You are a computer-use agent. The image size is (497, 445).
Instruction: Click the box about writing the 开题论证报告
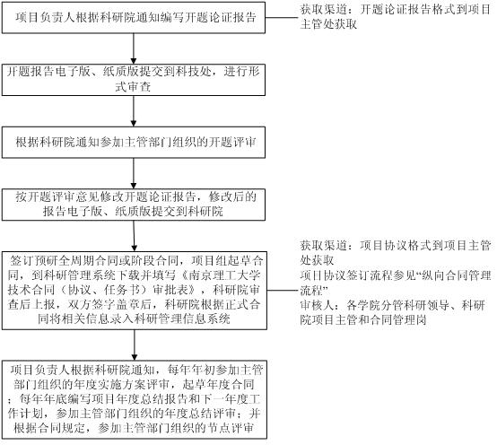pos(134,17)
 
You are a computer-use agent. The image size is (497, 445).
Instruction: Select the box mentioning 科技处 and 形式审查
pos(134,80)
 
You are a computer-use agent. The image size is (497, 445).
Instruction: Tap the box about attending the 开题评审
pos(134,143)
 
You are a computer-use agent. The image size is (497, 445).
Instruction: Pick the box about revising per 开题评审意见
pos(134,205)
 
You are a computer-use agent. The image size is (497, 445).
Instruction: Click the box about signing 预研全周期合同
pos(135,291)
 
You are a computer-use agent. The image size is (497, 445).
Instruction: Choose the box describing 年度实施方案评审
pos(135,399)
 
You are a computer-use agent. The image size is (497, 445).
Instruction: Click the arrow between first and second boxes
pos(134,48)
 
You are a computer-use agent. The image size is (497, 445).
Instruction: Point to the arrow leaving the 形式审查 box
pos(134,111)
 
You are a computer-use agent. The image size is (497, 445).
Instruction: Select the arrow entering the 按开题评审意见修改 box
pos(134,174)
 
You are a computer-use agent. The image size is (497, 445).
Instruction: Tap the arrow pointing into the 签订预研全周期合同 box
pos(134,236)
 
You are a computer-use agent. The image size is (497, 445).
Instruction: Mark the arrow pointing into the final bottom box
pos(135,345)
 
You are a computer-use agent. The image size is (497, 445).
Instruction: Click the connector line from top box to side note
pos(282,17)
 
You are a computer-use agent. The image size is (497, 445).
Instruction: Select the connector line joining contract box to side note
pos(283,290)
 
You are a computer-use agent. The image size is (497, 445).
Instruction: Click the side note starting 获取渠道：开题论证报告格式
pos(395,17)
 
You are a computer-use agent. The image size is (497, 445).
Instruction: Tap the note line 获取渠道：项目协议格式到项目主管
pos(396,246)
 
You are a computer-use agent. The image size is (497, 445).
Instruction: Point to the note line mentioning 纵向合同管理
pos(396,275)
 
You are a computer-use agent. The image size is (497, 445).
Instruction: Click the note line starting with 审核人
pos(392,305)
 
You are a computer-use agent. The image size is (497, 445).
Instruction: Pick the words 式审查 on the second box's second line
pos(133,87)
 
